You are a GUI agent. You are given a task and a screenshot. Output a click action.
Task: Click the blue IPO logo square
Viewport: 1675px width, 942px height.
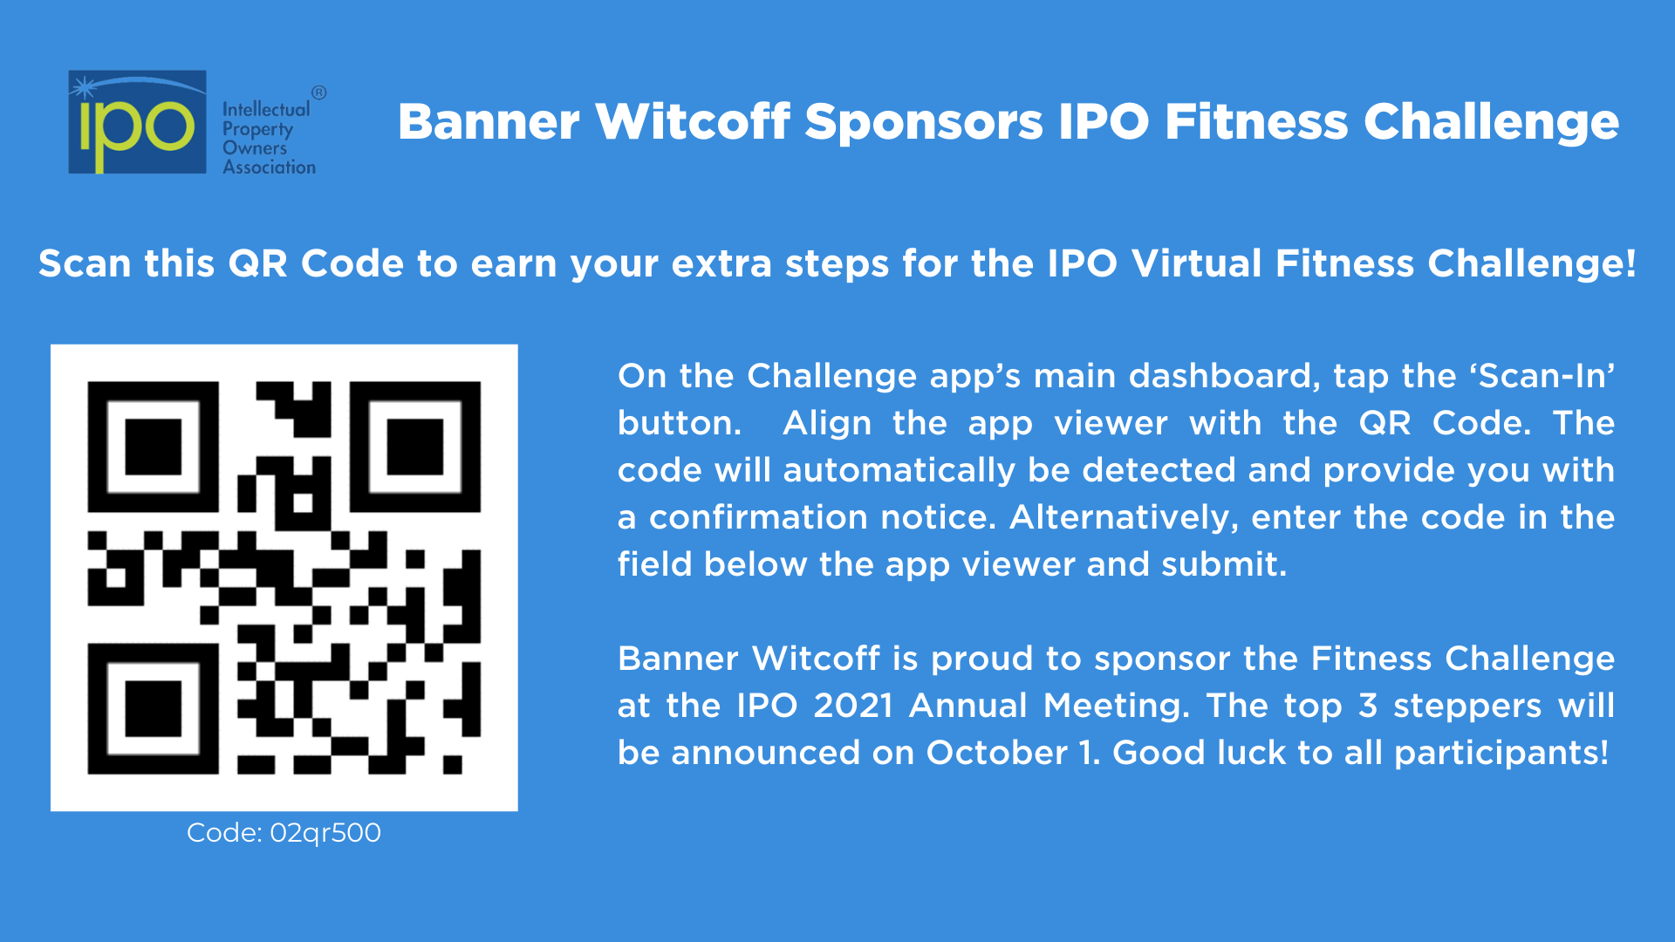[137, 122]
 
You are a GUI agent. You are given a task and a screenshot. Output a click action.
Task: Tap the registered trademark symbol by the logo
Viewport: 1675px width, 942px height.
[319, 92]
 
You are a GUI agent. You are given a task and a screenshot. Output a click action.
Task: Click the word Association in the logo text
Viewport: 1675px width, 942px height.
[269, 167]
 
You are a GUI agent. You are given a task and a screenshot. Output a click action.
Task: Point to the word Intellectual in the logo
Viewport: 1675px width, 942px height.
[266, 109]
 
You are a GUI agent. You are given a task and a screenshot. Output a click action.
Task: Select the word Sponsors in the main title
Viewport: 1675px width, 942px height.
[923, 122]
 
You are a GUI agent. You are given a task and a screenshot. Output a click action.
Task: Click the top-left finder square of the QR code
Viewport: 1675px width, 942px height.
[153, 447]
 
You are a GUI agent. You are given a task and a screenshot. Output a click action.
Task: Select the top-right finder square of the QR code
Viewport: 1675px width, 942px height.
[415, 447]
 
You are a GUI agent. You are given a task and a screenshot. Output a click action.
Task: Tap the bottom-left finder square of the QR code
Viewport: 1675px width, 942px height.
[153, 709]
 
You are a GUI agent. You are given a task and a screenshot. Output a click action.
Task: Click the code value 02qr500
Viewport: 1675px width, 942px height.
[325, 833]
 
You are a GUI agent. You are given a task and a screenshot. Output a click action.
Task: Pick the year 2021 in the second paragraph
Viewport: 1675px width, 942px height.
[853, 706]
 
